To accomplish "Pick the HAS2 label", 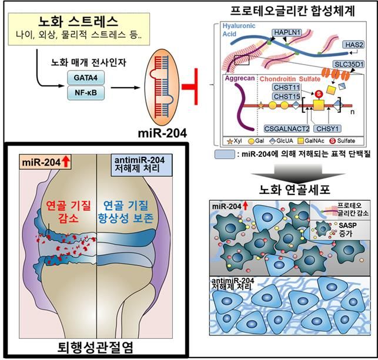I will point(354,44).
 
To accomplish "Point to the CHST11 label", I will point(286,87).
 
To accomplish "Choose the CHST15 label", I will point(286,96).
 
